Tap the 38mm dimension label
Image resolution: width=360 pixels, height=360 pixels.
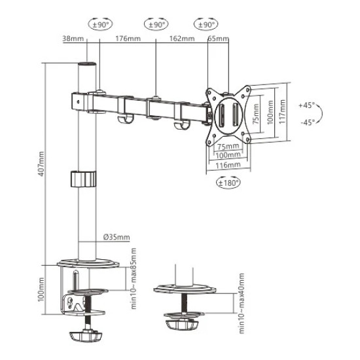point(73,39)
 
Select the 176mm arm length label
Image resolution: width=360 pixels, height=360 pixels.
point(126,39)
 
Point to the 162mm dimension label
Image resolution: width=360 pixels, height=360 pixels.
point(181,39)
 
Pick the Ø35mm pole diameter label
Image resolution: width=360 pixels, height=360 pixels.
point(117,236)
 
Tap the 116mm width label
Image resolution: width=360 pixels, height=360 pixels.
point(226,165)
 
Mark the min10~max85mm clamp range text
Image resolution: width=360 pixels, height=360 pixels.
point(133,279)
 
